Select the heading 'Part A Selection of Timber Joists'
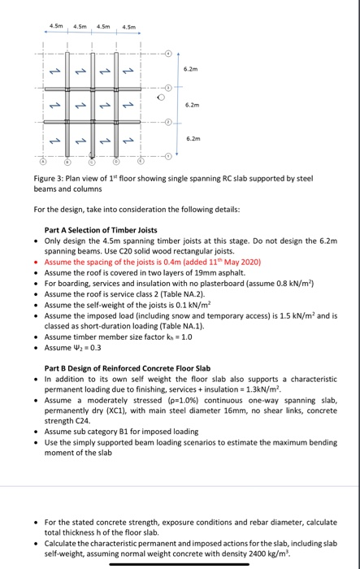[101, 229]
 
